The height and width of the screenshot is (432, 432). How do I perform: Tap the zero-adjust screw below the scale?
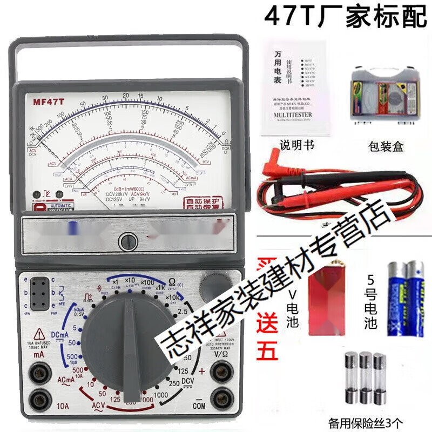coord(127,240)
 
